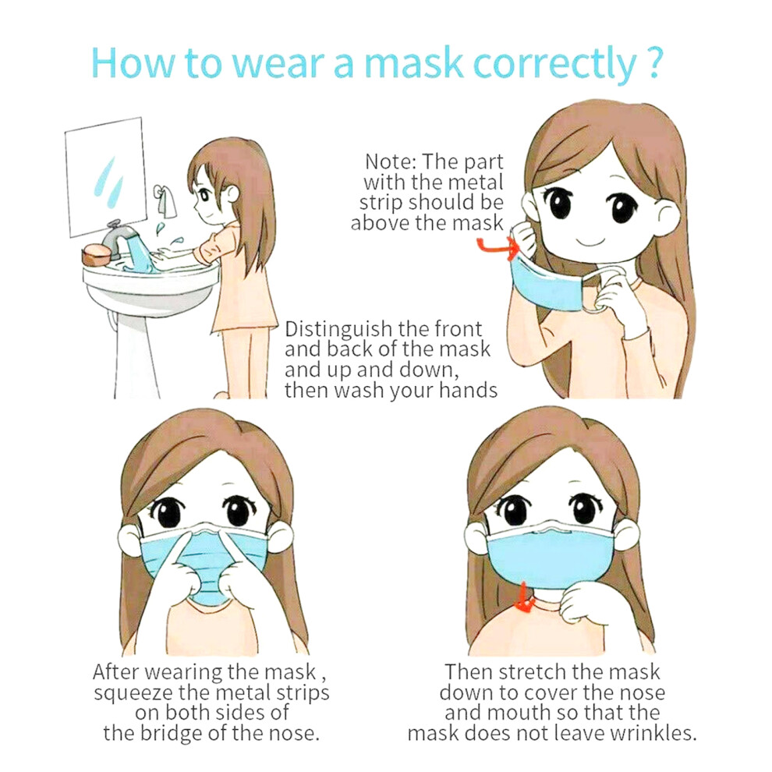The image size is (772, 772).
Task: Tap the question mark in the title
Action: click(x=653, y=63)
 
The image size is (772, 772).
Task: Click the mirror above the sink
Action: click(x=105, y=176)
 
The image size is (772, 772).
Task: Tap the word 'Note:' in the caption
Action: click(x=391, y=162)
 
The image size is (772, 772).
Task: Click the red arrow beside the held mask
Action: click(x=498, y=246)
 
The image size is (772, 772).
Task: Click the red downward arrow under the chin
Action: click(x=526, y=597)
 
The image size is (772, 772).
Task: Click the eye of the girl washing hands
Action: click(x=204, y=196)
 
